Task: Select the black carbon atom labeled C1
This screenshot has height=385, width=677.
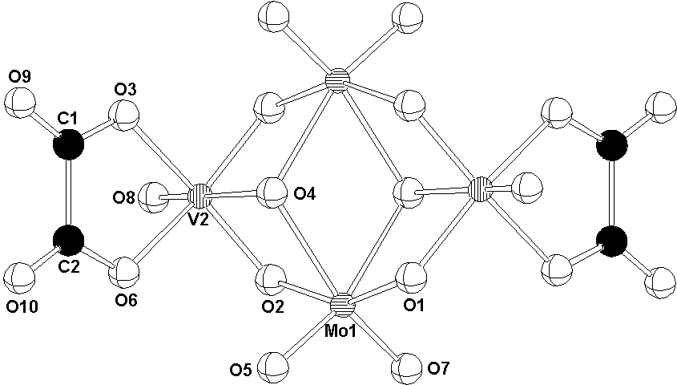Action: [69, 144]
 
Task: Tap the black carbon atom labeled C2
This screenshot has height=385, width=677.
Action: [69, 241]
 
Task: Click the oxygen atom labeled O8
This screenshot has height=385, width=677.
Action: [153, 198]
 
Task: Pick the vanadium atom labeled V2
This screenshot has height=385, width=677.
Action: [200, 197]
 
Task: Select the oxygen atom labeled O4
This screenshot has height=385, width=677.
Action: [271, 192]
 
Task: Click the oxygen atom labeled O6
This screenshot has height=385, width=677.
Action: [125, 272]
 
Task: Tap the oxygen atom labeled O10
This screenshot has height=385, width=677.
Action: [19, 278]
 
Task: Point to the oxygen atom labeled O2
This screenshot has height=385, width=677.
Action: [271, 281]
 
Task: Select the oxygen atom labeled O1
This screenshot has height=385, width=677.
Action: [409, 277]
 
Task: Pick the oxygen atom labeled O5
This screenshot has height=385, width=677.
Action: [273, 367]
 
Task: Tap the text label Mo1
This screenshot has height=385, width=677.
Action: [341, 331]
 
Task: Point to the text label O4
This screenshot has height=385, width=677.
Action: [304, 194]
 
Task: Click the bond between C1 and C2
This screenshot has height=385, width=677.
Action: [69, 192]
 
